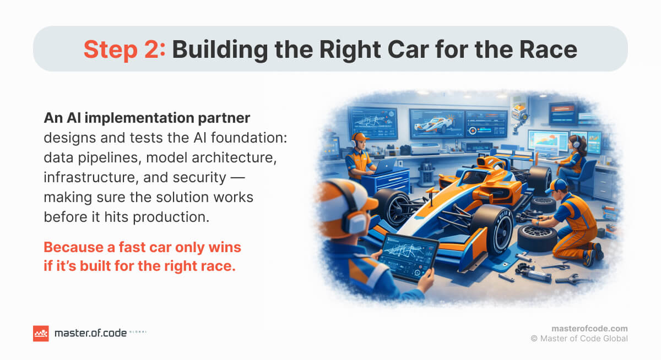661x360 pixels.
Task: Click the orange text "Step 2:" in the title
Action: (124, 49)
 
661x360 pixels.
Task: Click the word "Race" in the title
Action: (548, 49)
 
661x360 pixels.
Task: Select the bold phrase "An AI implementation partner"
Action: (147, 118)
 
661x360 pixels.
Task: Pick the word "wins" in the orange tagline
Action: (225, 247)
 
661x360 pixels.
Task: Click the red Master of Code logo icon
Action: (41, 334)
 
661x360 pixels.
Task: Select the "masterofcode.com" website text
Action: (589, 329)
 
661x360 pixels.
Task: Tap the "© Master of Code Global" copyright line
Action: (579, 339)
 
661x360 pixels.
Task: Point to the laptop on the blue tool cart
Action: (384, 166)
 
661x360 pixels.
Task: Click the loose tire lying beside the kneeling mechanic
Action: (537, 237)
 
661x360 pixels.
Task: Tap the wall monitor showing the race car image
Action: (436, 123)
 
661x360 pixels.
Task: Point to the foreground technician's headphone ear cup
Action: (355, 221)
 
